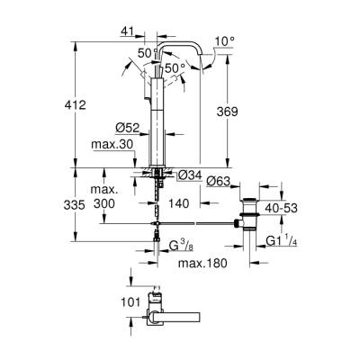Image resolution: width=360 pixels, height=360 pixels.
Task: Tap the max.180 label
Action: click(x=201, y=262)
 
